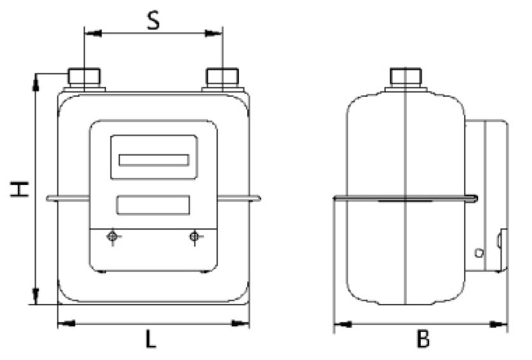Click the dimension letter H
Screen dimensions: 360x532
click(x=18, y=189)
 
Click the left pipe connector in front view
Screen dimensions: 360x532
click(x=86, y=78)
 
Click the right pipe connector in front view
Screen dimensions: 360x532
click(x=222, y=78)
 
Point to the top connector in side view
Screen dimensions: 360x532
click(x=405, y=78)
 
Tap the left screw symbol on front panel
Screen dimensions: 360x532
click(x=113, y=237)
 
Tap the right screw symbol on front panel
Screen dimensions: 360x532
click(x=194, y=237)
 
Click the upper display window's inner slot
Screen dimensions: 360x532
click(x=153, y=160)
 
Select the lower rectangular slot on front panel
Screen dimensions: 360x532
click(x=153, y=204)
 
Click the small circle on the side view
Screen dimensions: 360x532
click(x=479, y=253)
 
